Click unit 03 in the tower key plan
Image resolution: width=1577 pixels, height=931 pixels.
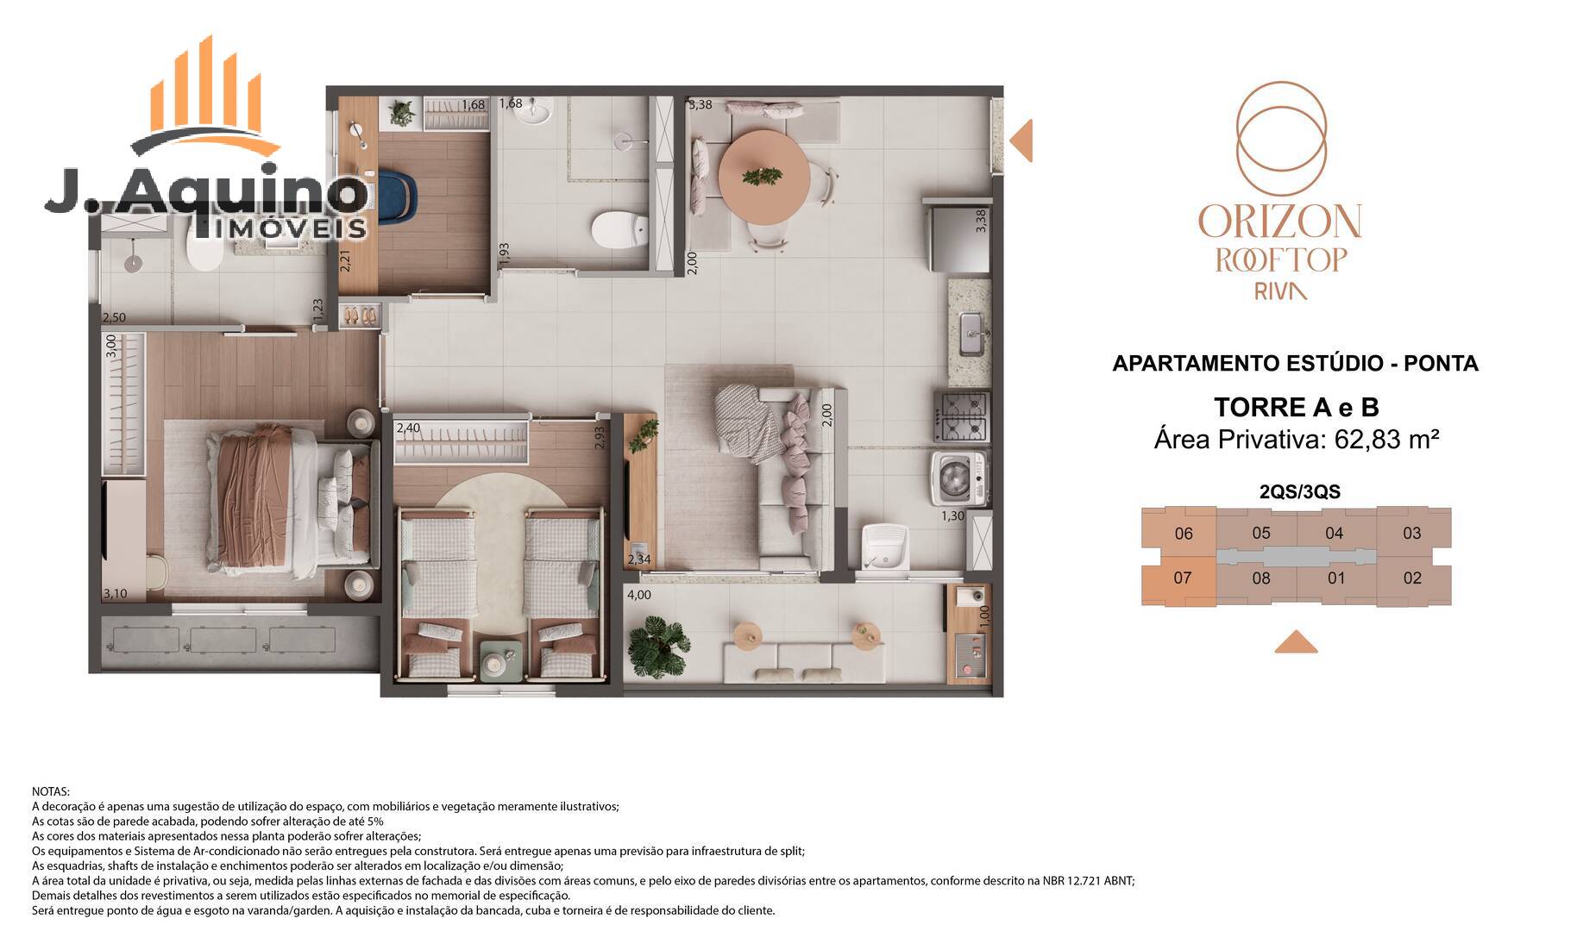(1413, 532)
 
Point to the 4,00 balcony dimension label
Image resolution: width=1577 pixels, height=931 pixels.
(639, 595)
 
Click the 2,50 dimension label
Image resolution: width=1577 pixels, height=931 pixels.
(114, 318)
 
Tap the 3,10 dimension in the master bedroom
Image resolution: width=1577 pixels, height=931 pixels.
(115, 594)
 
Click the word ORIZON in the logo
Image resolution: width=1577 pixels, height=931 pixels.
(1280, 222)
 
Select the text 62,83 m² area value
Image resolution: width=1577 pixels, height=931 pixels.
(1387, 440)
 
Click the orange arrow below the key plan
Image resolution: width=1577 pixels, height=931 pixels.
(1296, 641)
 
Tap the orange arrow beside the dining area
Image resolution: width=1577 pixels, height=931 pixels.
(1021, 140)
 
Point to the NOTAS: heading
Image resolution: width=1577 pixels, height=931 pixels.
(51, 791)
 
